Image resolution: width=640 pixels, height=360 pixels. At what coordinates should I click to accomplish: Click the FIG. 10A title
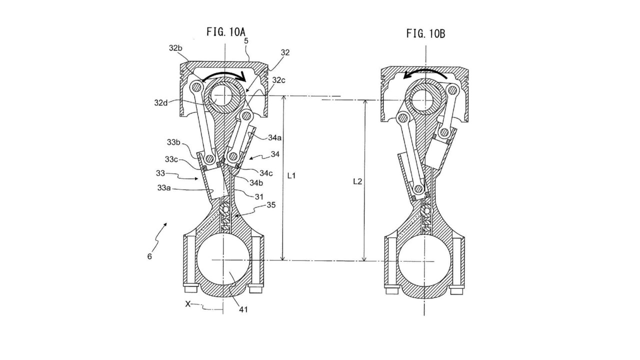226,32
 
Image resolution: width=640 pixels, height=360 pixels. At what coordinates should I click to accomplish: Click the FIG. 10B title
425,34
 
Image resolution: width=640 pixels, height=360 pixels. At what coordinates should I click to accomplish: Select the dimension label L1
293,176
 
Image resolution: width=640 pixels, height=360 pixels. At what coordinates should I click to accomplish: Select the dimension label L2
357,181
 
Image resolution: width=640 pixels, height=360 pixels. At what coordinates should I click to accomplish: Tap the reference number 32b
175,48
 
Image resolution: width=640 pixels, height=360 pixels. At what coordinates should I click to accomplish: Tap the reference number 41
243,310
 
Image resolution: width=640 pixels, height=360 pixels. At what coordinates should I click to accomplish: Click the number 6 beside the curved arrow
149,256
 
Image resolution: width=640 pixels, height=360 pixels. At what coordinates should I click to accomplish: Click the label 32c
279,80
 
